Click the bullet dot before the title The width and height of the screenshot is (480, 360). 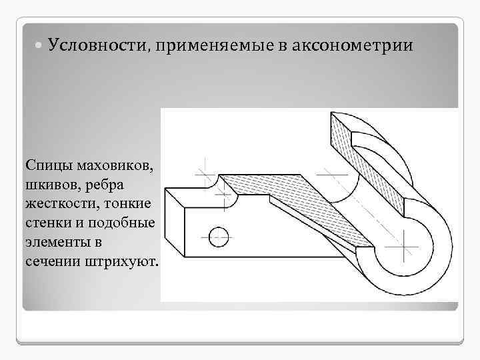click(38, 46)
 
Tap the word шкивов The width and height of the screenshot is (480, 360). click(52, 183)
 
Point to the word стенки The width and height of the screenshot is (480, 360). click(49, 222)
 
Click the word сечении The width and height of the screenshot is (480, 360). click(52, 261)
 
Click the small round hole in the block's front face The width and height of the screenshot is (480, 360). click(218, 235)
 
